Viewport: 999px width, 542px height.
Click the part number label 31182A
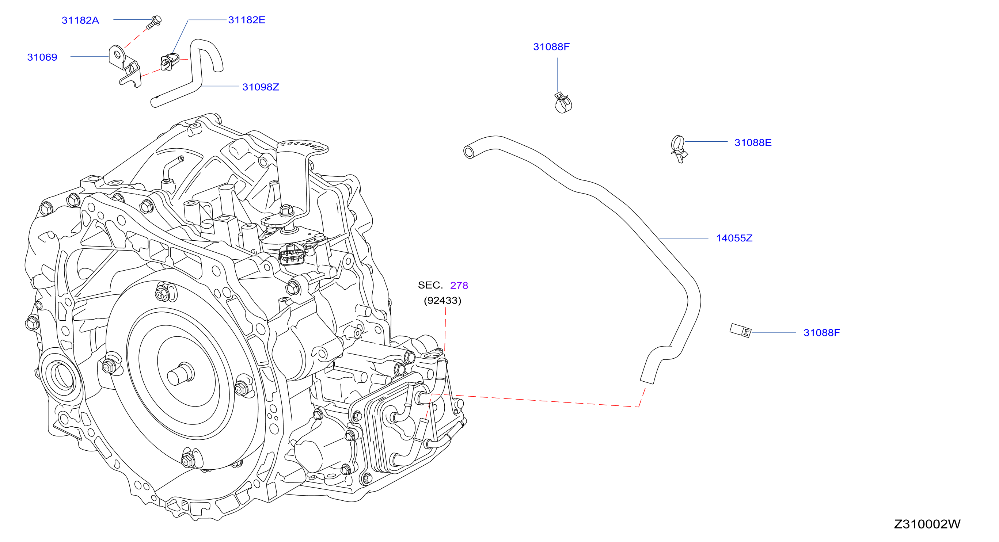(80, 20)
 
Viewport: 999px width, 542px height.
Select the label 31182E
(247, 20)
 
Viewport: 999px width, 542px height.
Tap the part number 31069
(42, 57)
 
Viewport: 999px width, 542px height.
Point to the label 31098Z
(261, 87)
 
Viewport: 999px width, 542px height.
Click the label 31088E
(753, 142)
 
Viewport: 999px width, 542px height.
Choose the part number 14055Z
(734, 238)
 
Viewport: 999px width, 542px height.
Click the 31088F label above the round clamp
(551, 46)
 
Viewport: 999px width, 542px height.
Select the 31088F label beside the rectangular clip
(821, 333)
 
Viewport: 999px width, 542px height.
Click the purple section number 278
(459, 285)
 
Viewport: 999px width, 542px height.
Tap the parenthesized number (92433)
(442, 301)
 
